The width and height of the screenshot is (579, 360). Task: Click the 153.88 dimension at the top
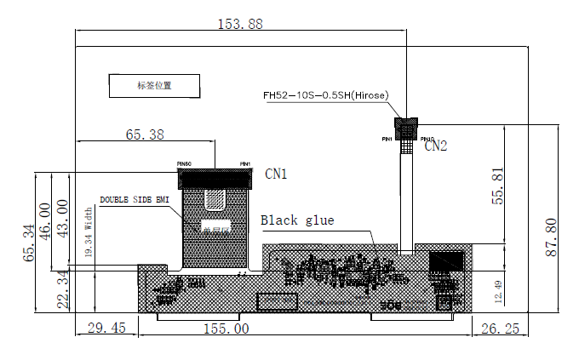241,24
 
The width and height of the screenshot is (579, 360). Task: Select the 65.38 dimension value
145,134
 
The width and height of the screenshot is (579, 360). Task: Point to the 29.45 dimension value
106,328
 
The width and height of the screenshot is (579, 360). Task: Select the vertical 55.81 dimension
500,185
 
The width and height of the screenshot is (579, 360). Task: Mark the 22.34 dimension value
62,290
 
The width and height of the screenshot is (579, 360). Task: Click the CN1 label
276,174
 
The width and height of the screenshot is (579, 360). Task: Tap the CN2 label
435,146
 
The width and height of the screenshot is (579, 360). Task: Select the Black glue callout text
297,220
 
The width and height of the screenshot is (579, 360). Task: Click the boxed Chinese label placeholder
154,85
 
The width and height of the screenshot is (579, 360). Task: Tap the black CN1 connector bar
215,179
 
